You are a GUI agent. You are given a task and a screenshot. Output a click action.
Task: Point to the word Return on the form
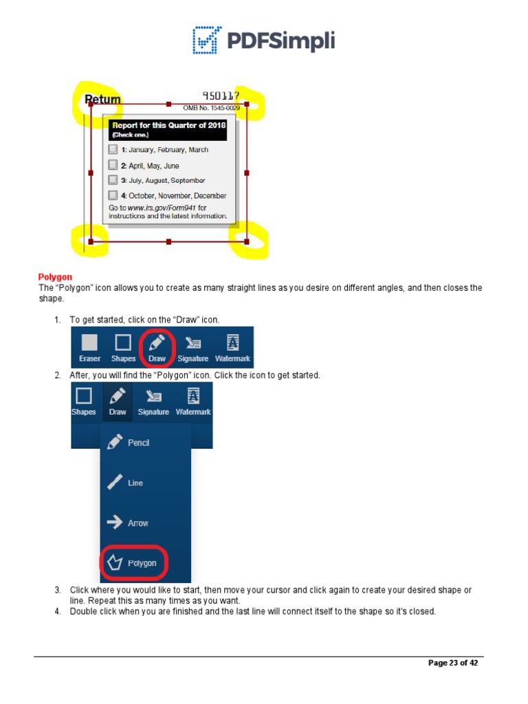point(102,99)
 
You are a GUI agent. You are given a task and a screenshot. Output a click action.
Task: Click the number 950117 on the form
point(221,96)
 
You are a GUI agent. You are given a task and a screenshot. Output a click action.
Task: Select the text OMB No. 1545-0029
point(210,108)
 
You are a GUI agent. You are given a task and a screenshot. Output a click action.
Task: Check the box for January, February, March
point(113,149)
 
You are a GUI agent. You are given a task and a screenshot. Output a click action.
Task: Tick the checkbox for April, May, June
point(113,165)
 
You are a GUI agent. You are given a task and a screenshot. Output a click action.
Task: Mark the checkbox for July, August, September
point(113,180)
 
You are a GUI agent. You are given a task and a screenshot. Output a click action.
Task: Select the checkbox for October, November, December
point(113,195)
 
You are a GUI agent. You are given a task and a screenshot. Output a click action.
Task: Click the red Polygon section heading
point(55,277)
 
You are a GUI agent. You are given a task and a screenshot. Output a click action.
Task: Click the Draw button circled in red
point(157,347)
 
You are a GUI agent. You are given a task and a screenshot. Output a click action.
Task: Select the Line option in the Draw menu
point(127,483)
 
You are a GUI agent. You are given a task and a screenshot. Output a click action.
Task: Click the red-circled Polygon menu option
point(134,563)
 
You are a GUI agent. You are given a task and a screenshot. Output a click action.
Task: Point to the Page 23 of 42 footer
point(452,663)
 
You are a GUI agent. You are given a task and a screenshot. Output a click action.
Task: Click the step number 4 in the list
point(58,611)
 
